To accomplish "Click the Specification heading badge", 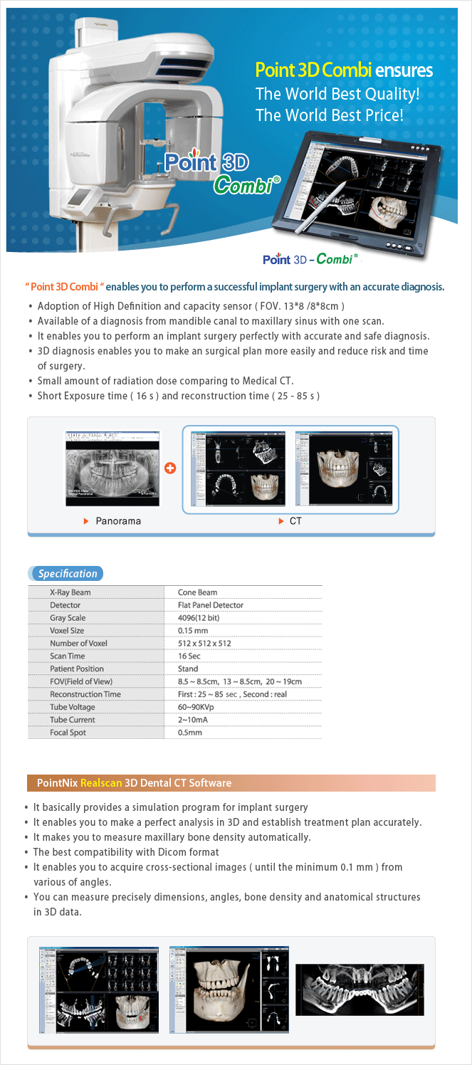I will pos(67,573).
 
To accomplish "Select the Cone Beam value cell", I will pos(197,592).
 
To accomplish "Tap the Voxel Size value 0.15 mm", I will pos(193,631).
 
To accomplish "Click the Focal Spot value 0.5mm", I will pos(190,733).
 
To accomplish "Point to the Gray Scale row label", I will pos(68,618).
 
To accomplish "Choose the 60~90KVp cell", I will pos(197,707).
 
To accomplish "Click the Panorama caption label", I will pos(118,521).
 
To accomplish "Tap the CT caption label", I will pos(295,521).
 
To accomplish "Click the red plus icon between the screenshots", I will pos(169,468).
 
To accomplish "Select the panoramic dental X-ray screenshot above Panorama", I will pos(112,468).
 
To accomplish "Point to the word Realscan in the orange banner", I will pos(101,783).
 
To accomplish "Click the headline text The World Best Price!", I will pos(329,114).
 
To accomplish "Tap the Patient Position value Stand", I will pos(188,669).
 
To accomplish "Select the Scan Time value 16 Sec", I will pos(191,656).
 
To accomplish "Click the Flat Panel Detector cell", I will pos(211,605).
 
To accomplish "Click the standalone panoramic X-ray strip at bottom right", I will pos(360,990).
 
